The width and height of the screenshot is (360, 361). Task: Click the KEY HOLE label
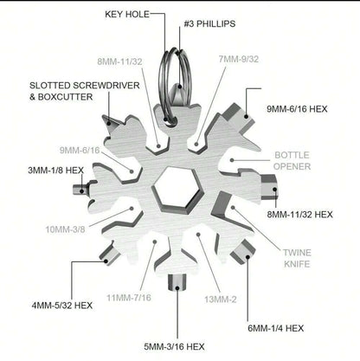click(x=127, y=14)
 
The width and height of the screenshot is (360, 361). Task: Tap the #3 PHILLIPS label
click(x=209, y=23)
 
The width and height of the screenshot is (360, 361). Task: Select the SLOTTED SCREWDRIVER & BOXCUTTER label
click(x=85, y=91)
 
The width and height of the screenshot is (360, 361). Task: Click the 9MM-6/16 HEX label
click(x=297, y=109)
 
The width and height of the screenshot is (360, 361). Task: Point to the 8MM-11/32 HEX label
click(x=299, y=215)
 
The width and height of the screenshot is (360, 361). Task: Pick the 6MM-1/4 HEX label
click(x=276, y=328)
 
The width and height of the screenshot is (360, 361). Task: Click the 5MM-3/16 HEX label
click(x=174, y=346)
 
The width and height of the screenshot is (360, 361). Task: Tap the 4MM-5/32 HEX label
click(x=62, y=306)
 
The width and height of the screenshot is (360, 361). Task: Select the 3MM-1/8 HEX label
click(x=55, y=171)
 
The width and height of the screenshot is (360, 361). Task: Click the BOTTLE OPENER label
click(x=292, y=161)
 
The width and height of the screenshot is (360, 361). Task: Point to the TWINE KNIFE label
click(x=297, y=258)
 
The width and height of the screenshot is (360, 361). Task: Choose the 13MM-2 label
click(x=221, y=300)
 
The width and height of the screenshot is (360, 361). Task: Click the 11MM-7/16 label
click(x=129, y=298)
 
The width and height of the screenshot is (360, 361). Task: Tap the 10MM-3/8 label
click(x=65, y=229)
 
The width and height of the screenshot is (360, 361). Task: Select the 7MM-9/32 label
click(x=239, y=59)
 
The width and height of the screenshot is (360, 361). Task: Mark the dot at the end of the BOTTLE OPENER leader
click(x=232, y=160)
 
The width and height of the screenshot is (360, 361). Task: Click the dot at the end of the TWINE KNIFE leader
click(x=233, y=207)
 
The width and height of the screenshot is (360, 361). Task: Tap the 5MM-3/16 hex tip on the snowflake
click(x=177, y=282)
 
